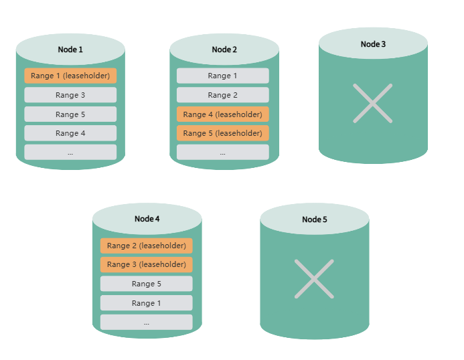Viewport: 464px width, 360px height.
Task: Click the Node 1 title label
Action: (70, 50)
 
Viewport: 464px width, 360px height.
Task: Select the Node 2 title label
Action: (224, 50)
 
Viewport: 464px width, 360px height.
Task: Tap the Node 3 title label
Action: (373, 44)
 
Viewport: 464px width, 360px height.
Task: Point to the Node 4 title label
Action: (147, 219)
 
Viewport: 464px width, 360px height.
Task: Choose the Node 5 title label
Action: (315, 219)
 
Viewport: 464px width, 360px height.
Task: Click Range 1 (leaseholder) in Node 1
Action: (70, 76)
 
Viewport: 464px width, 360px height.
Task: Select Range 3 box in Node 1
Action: (70, 95)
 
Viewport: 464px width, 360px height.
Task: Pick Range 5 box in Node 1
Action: (70, 114)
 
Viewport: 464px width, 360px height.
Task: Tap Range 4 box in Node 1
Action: (70, 133)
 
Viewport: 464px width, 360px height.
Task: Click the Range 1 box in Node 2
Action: (222, 76)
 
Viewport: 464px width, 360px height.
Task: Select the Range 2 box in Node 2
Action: (222, 95)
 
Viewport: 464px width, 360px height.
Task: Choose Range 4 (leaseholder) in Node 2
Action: (222, 114)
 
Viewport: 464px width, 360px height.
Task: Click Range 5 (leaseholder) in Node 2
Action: (222, 133)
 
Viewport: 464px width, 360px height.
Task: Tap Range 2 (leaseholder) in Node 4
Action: (146, 246)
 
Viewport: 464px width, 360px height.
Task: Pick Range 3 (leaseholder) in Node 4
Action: (146, 264)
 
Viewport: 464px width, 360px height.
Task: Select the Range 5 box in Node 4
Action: (146, 284)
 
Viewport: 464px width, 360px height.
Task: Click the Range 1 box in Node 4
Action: (146, 303)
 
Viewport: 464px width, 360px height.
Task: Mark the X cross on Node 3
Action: (373, 103)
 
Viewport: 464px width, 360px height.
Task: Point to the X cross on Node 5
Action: (314, 278)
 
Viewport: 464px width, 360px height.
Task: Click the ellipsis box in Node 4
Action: (146, 323)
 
